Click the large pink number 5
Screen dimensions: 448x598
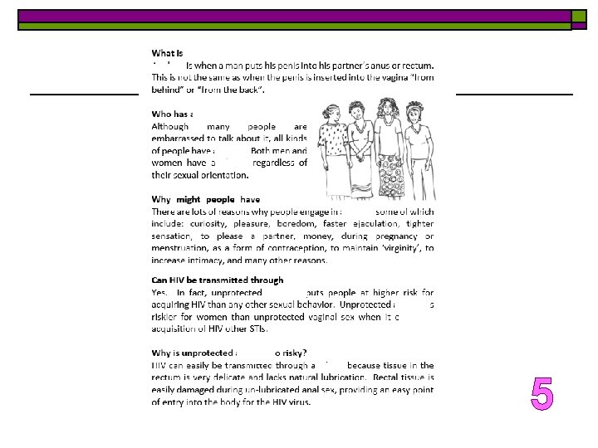[542, 394]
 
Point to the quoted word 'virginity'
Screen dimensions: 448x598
[390, 247]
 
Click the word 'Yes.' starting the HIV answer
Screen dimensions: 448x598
[159, 293]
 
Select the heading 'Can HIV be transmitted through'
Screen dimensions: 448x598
[218, 280]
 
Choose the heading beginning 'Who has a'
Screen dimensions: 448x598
[173, 114]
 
